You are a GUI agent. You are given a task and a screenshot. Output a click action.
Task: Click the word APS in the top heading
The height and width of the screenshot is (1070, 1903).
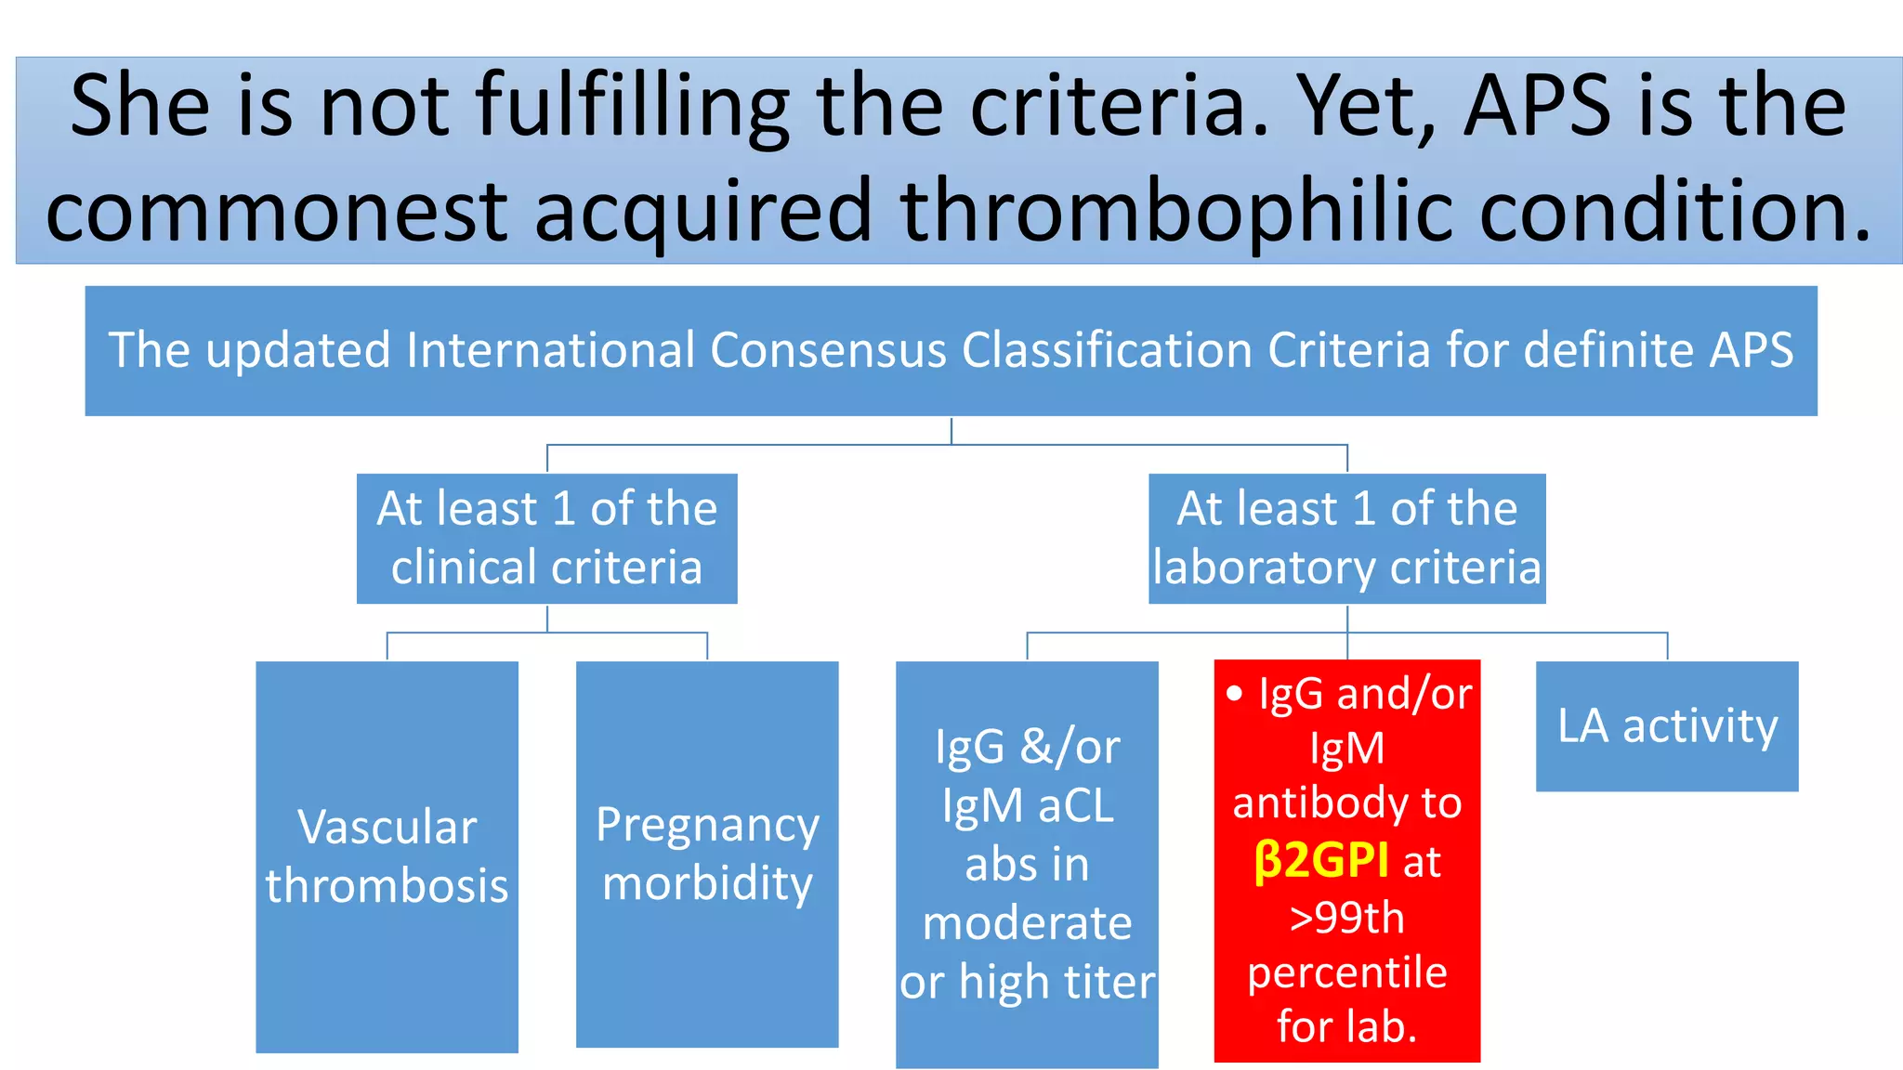(1537, 107)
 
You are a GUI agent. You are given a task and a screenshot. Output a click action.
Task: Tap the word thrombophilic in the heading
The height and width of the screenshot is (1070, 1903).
(1175, 211)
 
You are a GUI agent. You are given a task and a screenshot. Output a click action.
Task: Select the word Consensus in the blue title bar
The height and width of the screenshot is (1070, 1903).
(829, 351)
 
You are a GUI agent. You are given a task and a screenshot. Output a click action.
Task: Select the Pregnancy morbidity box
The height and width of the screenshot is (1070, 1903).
(707, 855)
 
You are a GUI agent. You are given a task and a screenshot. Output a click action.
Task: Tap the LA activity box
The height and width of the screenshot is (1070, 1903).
(1667, 726)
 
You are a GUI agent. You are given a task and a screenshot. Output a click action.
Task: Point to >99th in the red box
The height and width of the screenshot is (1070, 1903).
(1346, 918)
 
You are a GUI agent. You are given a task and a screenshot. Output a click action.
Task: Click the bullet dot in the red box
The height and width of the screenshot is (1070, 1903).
(1234, 694)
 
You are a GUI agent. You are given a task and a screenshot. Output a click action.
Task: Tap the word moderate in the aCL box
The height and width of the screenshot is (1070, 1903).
(1027, 923)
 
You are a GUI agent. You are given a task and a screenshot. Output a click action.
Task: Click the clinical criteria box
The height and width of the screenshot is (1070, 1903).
(546, 539)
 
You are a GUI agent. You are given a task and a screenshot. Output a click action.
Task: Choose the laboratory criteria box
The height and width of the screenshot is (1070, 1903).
(1346, 539)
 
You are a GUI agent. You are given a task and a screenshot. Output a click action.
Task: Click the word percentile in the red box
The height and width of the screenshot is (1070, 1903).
(1346, 972)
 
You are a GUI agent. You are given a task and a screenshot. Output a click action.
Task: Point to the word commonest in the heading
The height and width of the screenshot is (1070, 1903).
(276, 211)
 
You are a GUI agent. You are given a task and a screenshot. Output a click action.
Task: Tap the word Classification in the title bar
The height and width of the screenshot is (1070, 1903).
(1106, 351)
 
